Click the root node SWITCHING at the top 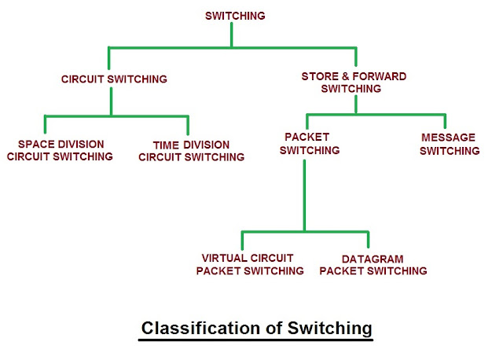pyautogui.click(x=235, y=16)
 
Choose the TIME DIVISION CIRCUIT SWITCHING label pyautogui.click(x=192, y=151)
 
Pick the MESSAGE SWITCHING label pyautogui.click(x=450, y=144)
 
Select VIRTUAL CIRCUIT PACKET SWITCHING pyautogui.click(x=250, y=264)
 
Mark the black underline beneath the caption pyautogui.click(x=255, y=340)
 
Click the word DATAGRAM pyautogui.click(x=373, y=258)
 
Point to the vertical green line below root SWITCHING pyautogui.click(x=233, y=35)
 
